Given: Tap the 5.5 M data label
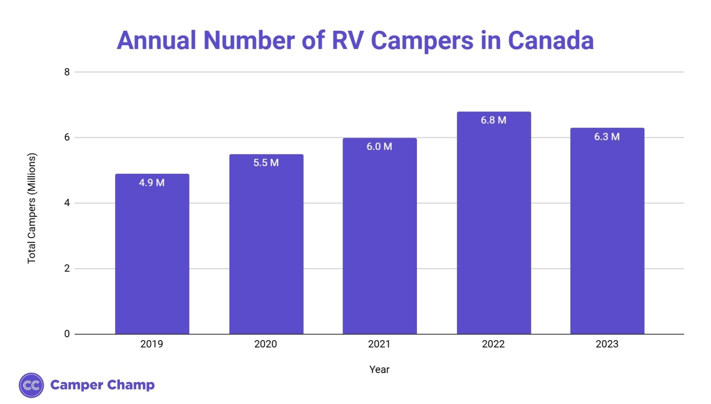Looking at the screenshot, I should [x=266, y=163].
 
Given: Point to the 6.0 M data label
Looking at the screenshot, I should [x=379, y=147].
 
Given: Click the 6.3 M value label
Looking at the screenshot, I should [x=607, y=137].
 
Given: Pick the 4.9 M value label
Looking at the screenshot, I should [x=152, y=183].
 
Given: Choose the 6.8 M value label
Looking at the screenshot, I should [x=493, y=120].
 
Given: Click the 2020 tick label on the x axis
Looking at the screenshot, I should [x=265, y=344].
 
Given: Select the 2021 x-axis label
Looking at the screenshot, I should [x=379, y=344].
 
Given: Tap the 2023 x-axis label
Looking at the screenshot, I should [x=607, y=344].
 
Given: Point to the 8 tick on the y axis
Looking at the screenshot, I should [x=67, y=72].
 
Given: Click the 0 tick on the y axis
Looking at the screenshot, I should [x=67, y=334].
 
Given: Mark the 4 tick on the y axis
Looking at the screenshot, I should [x=67, y=203].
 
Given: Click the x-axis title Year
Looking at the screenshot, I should [x=379, y=370].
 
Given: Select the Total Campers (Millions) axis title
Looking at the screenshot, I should [x=32, y=208].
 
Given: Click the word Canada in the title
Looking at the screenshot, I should [x=551, y=40].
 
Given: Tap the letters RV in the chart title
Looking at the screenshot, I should [x=347, y=40].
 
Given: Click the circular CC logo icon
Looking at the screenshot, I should [x=31, y=385].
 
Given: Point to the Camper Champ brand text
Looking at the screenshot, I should [x=103, y=385].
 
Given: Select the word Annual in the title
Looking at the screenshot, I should [x=156, y=40].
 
